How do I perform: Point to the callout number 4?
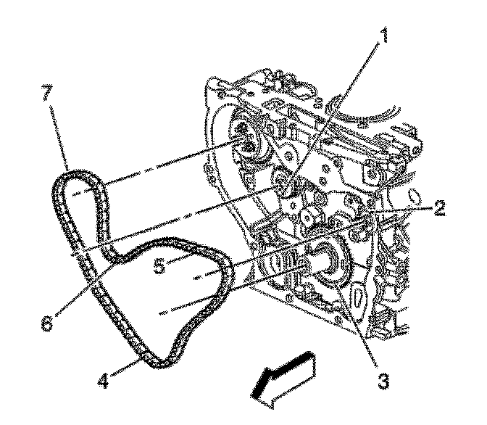[x=104, y=379]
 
